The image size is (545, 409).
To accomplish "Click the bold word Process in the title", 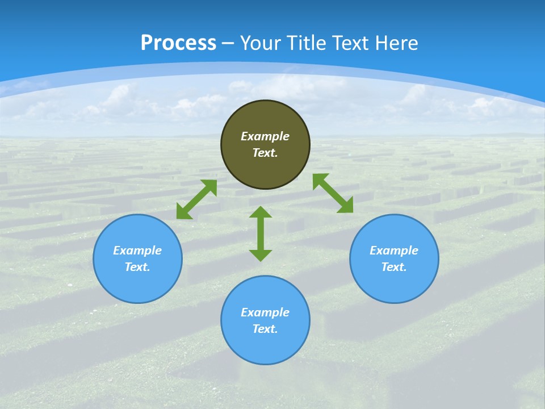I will tap(178, 43).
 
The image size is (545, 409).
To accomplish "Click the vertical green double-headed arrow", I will tap(261, 233).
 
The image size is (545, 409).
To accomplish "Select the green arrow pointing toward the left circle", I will tap(196, 199).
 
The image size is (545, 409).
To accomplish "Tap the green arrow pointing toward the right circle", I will tap(333, 193).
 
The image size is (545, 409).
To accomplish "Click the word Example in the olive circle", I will tap(265, 136).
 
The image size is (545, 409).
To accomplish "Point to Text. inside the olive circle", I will tap(265, 153).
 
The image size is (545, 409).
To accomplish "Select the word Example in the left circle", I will tap(137, 251).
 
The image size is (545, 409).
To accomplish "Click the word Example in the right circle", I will tap(394, 251).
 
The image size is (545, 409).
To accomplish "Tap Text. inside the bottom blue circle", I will tap(265, 329).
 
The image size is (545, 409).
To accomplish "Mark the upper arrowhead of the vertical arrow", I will tap(261, 212).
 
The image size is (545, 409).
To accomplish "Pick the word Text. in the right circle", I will tap(394, 267).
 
